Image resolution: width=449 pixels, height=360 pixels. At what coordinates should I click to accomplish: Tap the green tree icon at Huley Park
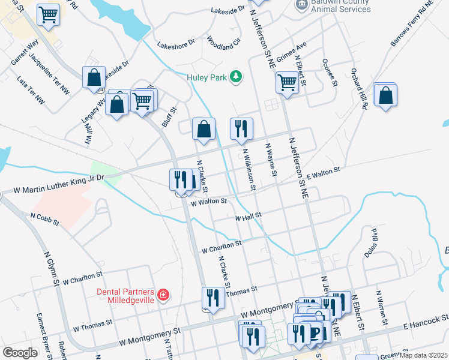point(237,76)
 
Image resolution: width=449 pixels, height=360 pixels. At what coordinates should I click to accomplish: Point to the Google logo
point(20,353)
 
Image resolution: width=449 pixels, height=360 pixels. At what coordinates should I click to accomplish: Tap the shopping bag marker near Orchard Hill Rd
point(385,95)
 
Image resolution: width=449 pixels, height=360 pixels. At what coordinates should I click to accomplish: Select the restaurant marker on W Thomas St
point(213,297)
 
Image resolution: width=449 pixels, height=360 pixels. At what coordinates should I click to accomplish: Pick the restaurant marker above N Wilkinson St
point(241,128)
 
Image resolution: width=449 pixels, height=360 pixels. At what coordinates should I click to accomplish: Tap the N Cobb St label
point(44,218)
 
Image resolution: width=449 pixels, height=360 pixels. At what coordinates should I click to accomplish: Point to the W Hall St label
point(249,216)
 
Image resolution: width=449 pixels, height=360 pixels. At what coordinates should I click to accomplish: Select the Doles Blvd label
point(370,242)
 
